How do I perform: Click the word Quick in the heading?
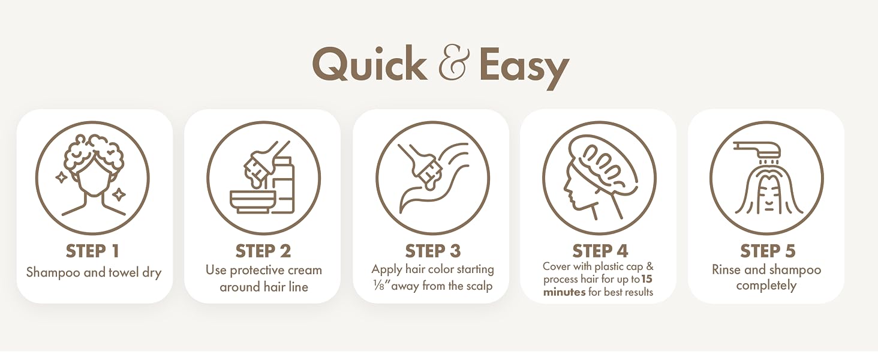tap(369, 64)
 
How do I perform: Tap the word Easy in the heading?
tap(524, 67)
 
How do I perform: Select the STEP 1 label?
tap(92, 251)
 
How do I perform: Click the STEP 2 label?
tap(263, 251)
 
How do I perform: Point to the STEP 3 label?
tap(433, 251)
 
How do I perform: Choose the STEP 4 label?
tap(600, 251)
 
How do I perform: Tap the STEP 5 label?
tap(768, 251)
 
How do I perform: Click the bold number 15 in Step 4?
tap(647, 279)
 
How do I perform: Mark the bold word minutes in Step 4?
tap(564, 292)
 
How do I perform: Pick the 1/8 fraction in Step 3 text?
tap(379, 286)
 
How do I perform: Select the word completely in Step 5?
tap(766, 286)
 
